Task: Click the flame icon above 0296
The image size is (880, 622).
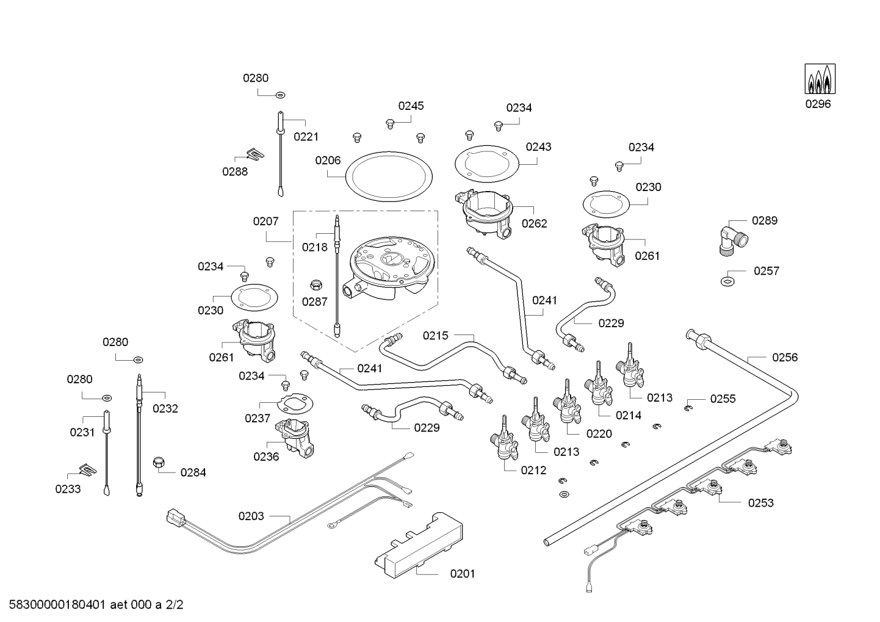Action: click(x=820, y=79)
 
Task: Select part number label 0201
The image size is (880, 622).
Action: click(x=463, y=574)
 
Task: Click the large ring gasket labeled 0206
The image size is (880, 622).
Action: click(x=389, y=176)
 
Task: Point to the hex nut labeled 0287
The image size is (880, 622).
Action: click(x=316, y=284)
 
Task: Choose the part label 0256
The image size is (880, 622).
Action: click(x=785, y=357)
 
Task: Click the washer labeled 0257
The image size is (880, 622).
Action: click(x=727, y=281)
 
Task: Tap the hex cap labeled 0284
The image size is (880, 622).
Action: click(x=158, y=463)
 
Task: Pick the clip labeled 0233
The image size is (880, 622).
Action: click(x=88, y=469)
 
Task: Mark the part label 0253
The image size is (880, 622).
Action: click(x=760, y=503)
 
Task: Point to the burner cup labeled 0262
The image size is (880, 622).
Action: click(x=486, y=214)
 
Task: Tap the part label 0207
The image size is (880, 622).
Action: click(x=265, y=221)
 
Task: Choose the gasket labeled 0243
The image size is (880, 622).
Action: click(x=487, y=164)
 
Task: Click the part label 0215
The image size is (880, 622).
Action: click(x=435, y=336)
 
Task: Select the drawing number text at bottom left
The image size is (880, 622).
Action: click(x=96, y=605)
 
